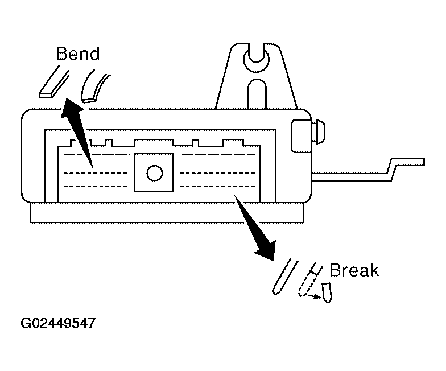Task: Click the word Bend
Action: coord(78,55)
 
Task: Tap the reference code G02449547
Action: coord(58,324)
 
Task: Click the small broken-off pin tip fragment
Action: coord(327,292)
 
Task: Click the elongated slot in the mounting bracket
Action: coord(257,94)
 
